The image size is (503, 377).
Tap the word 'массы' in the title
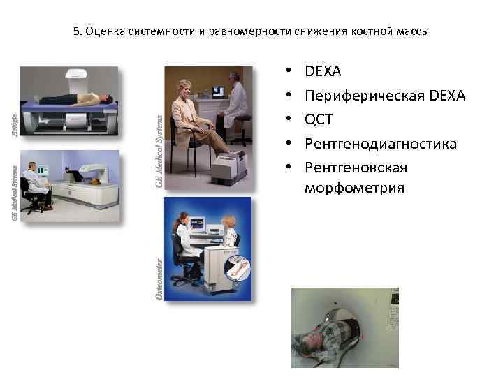(411, 32)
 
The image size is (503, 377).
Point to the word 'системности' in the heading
(150, 32)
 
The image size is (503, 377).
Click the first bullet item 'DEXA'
(319, 71)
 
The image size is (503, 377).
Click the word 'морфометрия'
(354, 188)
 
